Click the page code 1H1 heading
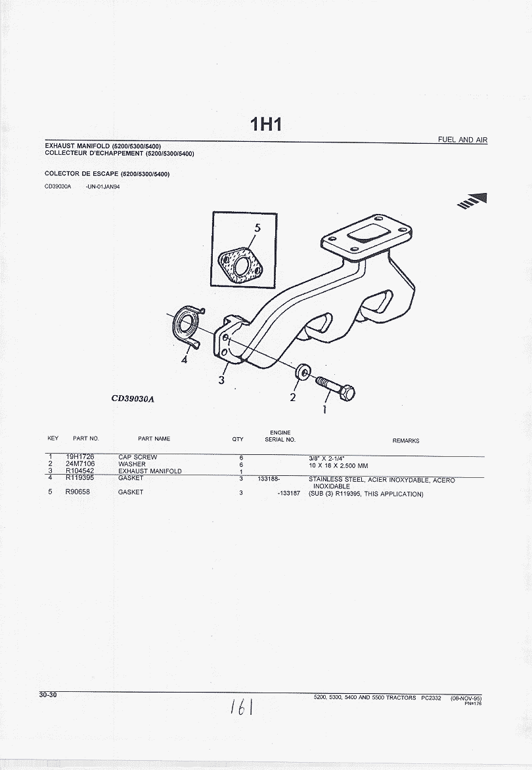coord(265,124)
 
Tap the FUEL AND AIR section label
coord(462,140)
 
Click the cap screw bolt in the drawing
coord(337,387)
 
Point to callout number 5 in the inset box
coord(257,228)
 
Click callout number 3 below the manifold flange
coord(222,380)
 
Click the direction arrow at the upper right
coord(475,200)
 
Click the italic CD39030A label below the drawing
coord(136,398)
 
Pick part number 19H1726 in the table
coord(79,457)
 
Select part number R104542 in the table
coord(79,471)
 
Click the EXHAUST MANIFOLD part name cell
coord(150,471)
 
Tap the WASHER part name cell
coord(132,464)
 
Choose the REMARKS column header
coord(405,440)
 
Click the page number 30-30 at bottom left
coord(48,695)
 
